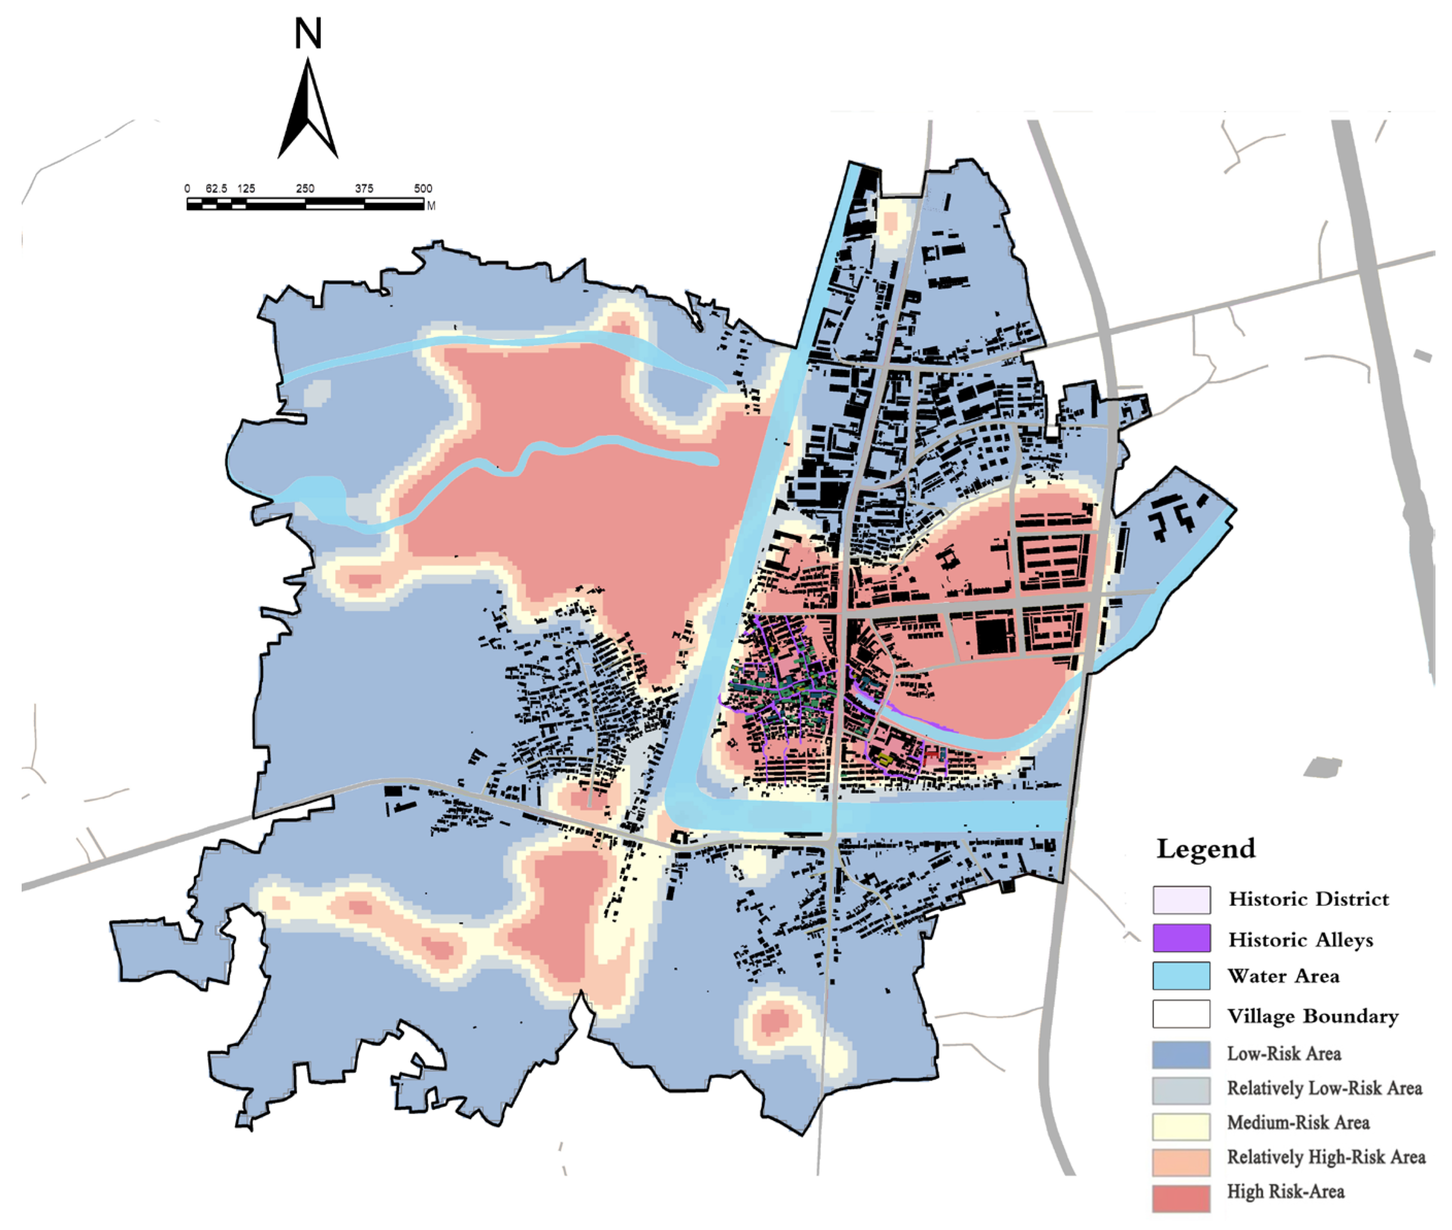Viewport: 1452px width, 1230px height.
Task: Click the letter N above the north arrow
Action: click(308, 33)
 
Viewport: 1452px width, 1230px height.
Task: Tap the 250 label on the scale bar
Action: click(305, 188)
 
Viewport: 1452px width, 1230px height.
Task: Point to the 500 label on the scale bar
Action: click(423, 188)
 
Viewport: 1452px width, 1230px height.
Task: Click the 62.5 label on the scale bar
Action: click(216, 188)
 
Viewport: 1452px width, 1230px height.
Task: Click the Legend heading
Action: click(1206, 849)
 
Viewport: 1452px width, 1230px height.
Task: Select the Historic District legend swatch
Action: click(1181, 900)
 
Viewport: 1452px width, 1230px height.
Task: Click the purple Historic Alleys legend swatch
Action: click(1181, 938)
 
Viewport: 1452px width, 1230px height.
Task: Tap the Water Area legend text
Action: click(1283, 975)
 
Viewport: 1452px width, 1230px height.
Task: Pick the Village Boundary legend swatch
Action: click(1181, 1014)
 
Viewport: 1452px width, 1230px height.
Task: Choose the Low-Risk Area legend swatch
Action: click(1181, 1054)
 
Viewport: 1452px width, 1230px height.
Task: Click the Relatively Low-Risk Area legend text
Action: click(1324, 1088)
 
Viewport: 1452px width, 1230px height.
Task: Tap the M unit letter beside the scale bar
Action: click(431, 206)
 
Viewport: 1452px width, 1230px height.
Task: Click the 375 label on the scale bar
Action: click(363, 188)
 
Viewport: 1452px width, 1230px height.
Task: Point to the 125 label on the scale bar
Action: click(245, 188)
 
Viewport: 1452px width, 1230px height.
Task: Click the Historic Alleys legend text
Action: click(1300, 939)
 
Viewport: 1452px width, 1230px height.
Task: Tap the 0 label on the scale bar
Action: click(187, 188)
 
